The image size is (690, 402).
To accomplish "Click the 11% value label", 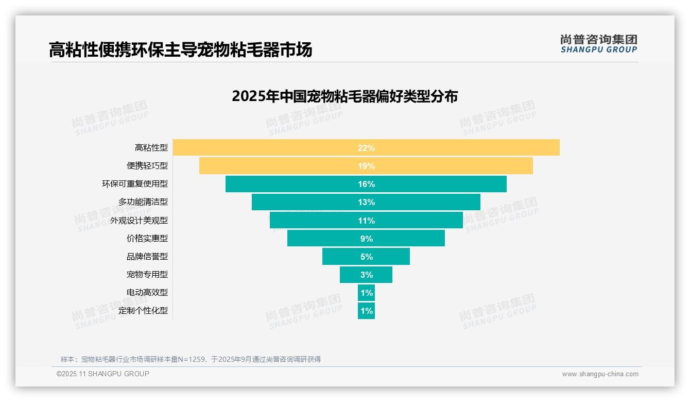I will (366, 221).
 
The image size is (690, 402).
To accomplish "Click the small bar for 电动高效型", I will (366, 293).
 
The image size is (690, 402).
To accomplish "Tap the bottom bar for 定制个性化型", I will (366, 311).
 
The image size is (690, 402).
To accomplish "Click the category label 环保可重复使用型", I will (135, 184).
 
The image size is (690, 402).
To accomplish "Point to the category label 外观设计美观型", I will (139, 221).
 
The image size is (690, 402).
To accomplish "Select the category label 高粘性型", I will (151, 148).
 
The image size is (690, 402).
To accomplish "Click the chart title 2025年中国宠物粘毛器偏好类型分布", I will (344, 96).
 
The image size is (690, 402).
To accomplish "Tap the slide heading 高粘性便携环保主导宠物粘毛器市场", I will (180, 50).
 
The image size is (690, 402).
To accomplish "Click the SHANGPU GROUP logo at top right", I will (598, 44).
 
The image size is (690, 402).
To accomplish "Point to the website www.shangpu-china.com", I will (600, 374).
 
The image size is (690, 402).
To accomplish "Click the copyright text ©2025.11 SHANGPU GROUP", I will (103, 374).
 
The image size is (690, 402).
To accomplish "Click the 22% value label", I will (366, 148).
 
